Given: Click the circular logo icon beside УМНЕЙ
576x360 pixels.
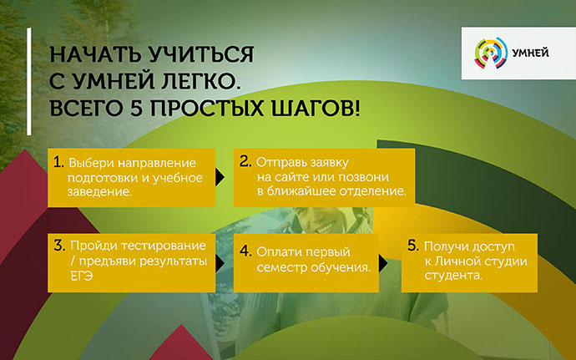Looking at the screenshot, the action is (x=491, y=53).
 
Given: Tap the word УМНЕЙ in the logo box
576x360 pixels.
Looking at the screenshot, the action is (x=530, y=53).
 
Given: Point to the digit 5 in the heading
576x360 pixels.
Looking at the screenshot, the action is (x=136, y=109).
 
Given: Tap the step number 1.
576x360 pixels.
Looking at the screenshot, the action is (x=58, y=162).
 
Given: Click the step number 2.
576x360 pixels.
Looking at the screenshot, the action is (x=245, y=161).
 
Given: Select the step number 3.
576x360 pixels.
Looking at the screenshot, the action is (x=59, y=246).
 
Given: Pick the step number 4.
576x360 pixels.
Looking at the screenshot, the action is (x=245, y=251).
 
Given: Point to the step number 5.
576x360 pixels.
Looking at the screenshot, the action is (x=413, y=246).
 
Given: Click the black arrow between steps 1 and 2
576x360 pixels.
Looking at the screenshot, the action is (x=220, y=178).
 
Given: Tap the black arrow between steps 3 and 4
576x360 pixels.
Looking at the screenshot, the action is (x=220, y=263).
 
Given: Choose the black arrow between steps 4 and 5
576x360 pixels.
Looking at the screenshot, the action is (x=383, y=263).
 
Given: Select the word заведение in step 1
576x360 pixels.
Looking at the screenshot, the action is (x=99, y=191).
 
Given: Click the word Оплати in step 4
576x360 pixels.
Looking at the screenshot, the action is (x=278, y=252).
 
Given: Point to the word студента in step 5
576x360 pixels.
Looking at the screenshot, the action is (x=453, y=276).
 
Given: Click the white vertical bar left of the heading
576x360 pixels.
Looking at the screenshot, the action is (x=29, y=81).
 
